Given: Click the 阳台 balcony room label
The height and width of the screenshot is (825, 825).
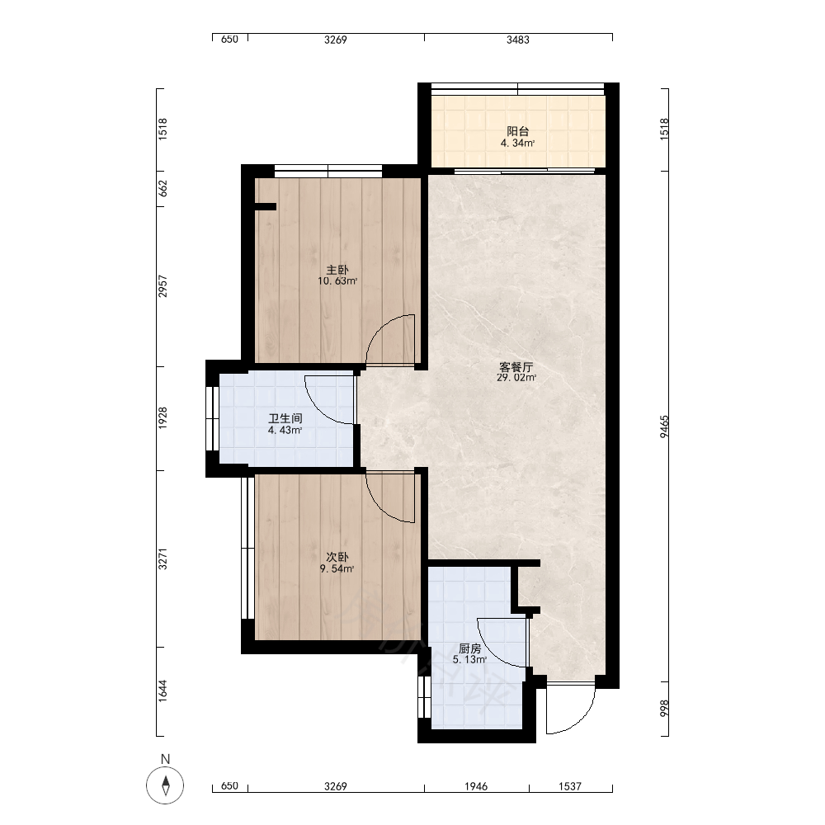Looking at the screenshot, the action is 517,131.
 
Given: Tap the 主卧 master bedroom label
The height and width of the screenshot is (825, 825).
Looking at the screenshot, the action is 337,270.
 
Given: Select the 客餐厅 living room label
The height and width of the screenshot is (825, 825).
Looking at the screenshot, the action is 516,367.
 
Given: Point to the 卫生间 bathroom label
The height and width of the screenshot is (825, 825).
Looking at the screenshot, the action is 285,419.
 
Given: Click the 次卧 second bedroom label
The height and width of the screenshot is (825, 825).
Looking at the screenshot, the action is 337,557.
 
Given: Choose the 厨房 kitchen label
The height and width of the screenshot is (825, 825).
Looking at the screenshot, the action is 469,648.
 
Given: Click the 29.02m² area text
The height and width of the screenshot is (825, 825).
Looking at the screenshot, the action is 516,378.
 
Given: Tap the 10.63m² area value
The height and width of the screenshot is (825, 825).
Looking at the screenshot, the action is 337,281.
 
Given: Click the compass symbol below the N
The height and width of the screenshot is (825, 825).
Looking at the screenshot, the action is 165,785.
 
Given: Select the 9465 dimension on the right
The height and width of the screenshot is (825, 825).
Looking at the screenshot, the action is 664,427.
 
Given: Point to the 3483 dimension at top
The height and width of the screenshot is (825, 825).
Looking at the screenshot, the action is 518,40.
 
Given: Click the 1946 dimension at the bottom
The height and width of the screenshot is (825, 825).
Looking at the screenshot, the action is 476,786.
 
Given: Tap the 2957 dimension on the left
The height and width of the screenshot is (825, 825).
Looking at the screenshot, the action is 163,286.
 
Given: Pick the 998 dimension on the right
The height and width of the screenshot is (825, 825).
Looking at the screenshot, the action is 664,708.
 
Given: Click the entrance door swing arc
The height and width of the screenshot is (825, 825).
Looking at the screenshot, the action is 582,719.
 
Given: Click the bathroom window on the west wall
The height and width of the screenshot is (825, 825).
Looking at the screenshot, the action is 213,418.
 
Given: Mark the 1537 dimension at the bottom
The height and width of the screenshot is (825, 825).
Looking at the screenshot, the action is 570,786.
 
